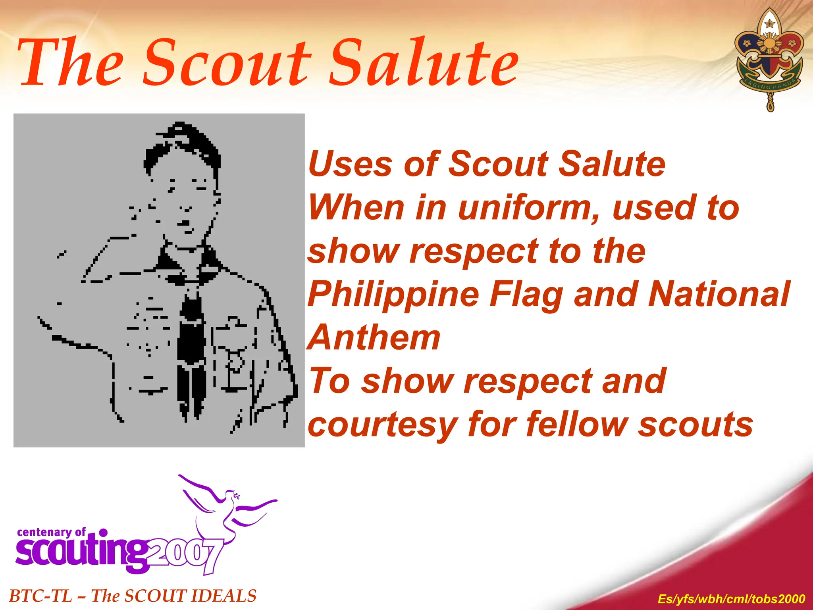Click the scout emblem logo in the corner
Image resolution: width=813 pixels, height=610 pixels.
point(769,60)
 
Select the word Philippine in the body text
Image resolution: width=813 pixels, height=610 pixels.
point(393,295)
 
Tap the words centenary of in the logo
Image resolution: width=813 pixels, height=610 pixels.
point(51,532)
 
